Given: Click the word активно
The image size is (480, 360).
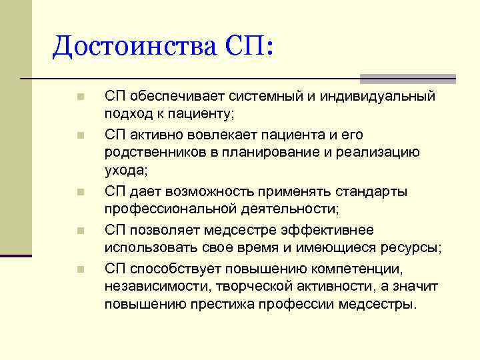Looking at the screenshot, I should pyautogui.click(x=156, y=135).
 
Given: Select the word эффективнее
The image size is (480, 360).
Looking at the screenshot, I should pyautogui.click(x=320, y=230).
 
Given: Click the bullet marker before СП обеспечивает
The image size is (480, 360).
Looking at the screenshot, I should pyautogui.click(x=79, y=97).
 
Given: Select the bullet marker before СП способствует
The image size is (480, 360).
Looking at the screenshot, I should pyautogui.click(x=79, y=269).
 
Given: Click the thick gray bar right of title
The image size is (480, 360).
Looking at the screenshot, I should pyautogui.click(x=407, y=78).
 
